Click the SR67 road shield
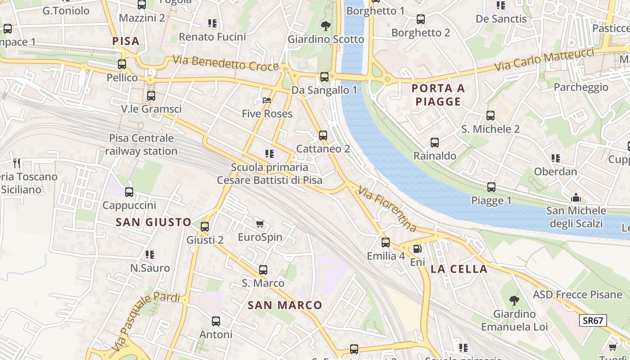click(593, 320)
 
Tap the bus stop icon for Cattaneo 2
click(323, 135)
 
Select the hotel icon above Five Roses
click(267, 100)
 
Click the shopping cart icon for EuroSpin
click(260, 224)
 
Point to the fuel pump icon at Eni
click(417, 248)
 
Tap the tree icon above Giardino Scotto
click(325, 26)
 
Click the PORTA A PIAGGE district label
click(438, 95)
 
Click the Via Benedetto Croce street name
click(225, 63)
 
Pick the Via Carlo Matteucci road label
click(544, 59)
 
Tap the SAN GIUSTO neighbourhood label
click(154, 222)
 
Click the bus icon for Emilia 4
click(386, 243)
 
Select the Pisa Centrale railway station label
click(141, 144)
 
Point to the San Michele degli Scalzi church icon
click(576, 198)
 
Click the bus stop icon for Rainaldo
click(434, 143)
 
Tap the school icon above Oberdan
click(556, 158)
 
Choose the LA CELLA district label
click(459, 269)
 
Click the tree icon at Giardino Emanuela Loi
click(513, 300)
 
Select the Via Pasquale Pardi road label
click(146, 320)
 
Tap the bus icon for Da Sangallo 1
click(324, 76)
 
